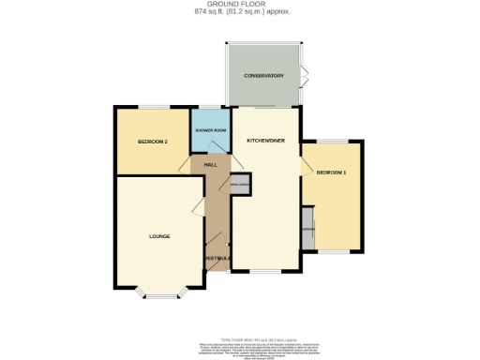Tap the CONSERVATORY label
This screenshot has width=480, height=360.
coord(263,75)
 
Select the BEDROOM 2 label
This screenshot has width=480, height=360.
coord(152,142)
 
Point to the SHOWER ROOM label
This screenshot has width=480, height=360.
coord(210,129)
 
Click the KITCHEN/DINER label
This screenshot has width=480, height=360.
coord(265,140)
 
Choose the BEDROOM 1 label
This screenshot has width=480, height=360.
coord(331,173)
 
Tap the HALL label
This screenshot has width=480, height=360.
coord(210,165)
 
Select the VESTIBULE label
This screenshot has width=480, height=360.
coord(217,259)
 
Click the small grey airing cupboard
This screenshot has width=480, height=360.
coord(240,185)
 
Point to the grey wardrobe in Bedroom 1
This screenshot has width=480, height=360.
coord(307,229)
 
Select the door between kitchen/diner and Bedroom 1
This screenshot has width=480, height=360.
coord(305,167)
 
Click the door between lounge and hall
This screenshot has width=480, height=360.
coord(200,208)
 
